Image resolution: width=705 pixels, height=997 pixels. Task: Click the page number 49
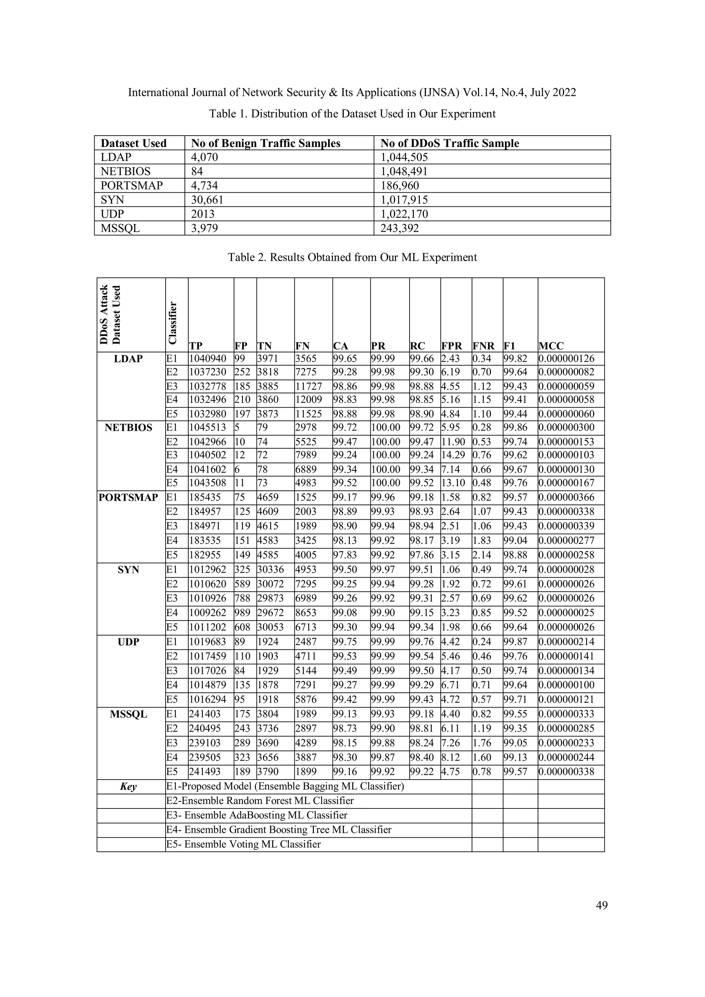click(x=602, y=905)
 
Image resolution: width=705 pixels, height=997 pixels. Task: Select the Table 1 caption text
click(x=352, y=114)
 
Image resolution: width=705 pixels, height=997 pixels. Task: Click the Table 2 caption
click(x=352, y=257)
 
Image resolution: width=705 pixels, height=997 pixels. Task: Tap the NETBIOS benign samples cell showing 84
click(x=197, y=171)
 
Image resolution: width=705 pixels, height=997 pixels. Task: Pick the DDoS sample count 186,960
click(x=400, y=186)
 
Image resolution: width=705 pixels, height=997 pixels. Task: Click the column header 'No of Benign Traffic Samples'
click(x=266, y=143)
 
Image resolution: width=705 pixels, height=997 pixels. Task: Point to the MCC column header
click(x=551, y=346)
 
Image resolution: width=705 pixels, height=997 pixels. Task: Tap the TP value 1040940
click(x=208, y=359)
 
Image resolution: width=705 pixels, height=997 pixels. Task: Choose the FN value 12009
click(x=309, y=400)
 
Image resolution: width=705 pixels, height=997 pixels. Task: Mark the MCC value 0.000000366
click(x=566, y=498)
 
